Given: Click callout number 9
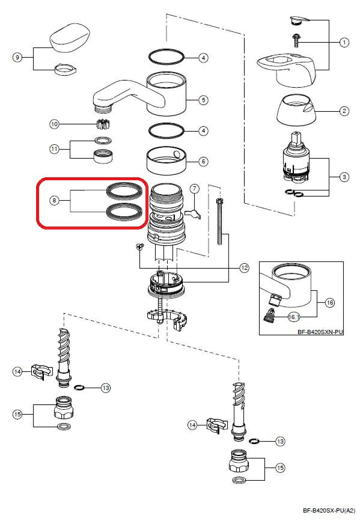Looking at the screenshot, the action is pos(17,58).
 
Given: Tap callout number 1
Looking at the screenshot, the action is pos(344,43).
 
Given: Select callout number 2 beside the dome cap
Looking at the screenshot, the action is pos(344,111).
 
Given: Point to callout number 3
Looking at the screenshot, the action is pos(344,177).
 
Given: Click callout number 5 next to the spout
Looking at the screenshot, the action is pos(203,100).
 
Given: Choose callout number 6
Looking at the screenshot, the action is pos(203,162).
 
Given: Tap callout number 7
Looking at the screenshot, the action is pos(195,189).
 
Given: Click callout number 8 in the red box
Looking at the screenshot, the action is pos(54,201).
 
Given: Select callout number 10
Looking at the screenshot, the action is pos(54,124).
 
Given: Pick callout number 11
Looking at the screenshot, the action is pos(54,149).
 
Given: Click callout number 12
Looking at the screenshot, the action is pos(245,267).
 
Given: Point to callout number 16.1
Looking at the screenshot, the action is pos(294,317).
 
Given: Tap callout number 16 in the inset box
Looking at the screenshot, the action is pos(330,303).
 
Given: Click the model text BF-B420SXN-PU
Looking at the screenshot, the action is pos(320,332).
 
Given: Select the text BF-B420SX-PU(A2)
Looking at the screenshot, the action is pos(329,510).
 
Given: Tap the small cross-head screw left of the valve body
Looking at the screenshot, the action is pos(139,247).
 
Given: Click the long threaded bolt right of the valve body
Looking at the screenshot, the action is pos(219,221).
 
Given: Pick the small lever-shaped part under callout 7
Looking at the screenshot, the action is pos(194,214).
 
